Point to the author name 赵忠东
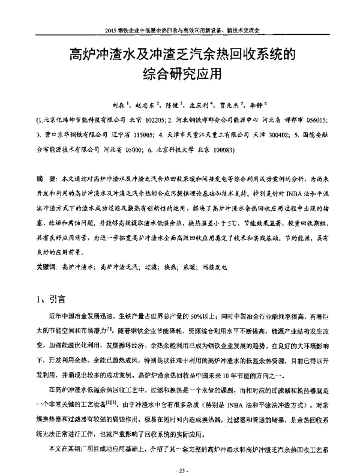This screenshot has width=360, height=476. (x=146, y=104)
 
